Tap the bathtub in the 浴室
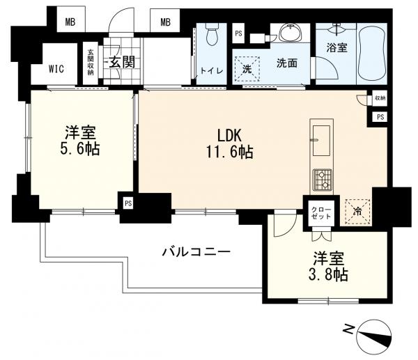point(372,54)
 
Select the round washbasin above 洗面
point(291,33)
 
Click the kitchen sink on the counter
point(321,141)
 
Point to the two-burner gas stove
point(323,180)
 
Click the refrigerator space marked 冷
point(358,211)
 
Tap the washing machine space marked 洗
point(247,69)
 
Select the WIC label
point(56,69)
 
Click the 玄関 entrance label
point(122,62)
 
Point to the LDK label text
point(229,135)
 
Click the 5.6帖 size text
point(80,150)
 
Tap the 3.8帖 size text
point(328,275)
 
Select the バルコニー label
point(196,252)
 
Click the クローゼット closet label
point(321,213)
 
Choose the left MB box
point(70,22)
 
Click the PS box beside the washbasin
point(238,33)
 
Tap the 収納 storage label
point(380,97)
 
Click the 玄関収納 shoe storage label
point(91,63)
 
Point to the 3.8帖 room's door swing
point(285,224)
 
